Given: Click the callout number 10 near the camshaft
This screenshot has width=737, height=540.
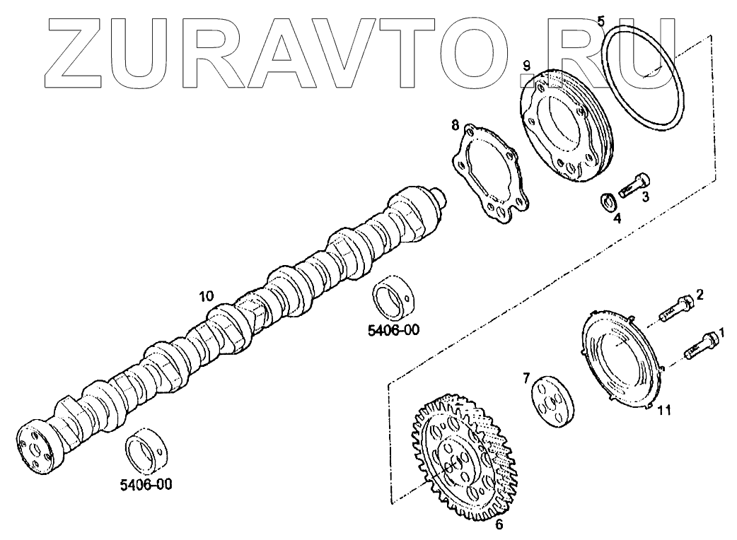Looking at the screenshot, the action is pos(205,298).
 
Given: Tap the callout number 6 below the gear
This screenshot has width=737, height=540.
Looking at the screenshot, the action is pos(499,524).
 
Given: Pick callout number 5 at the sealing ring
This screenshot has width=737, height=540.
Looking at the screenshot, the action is pos(601,20).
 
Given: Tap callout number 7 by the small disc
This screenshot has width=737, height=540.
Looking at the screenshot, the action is pos(526,378).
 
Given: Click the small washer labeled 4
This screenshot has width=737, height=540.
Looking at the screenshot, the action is pos(607,204).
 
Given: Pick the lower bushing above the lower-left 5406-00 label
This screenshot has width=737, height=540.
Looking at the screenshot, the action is pos(146,449).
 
